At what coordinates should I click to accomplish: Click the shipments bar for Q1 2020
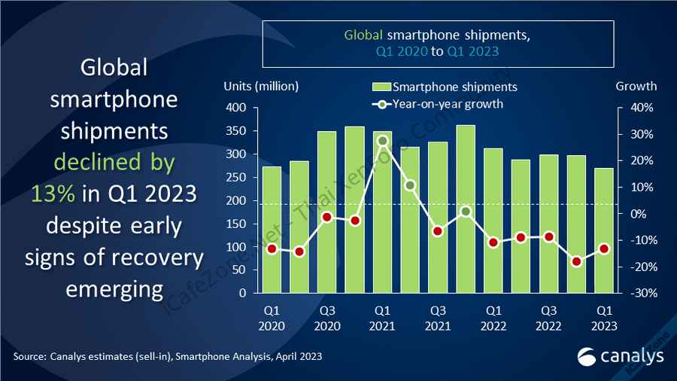(x=272, y=230)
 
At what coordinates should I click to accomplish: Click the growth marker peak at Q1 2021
(x=382, y=141)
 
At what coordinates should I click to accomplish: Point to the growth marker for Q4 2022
(x=576, y=261)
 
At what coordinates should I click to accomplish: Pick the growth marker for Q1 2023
(x=604, y=248)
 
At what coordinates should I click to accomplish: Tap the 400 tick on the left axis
(x=236, y=108)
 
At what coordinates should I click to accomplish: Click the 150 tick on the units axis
(x=236, y=224)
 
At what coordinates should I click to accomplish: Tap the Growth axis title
(x=636, y=86)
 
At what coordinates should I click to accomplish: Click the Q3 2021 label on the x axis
(x=438, y=318)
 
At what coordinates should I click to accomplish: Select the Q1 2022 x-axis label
(x=493, y=318)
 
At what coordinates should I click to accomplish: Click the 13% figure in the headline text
(x=53, y=193)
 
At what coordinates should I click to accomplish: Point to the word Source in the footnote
(x=29, y=356)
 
